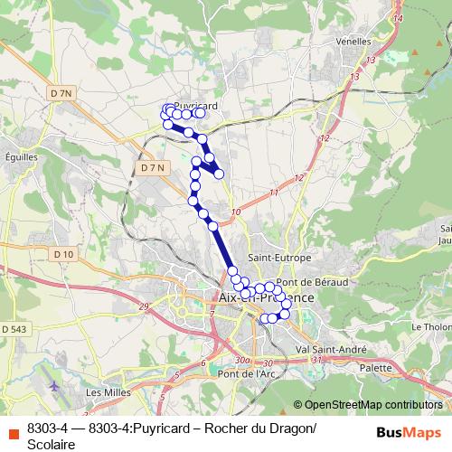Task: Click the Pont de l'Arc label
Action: click(246, 373)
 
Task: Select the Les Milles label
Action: click(106, 393)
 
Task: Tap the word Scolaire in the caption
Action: click(51, 443)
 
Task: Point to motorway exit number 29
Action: click(144, 307)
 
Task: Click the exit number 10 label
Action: click(236, 212)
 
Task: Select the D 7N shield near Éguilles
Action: click(61, 93)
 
